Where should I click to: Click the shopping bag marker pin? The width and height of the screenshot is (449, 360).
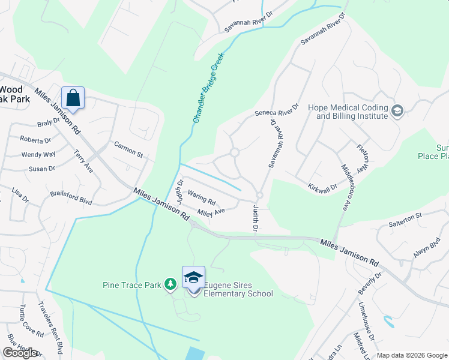click(73, 98)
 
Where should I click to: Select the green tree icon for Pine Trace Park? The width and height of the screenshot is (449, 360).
click(170, 283)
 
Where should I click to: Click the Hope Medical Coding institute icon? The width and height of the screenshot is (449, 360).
click(397, 110)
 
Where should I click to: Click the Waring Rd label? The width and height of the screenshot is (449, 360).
click(201, 195)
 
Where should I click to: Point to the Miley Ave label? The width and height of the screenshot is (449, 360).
click(211, 211)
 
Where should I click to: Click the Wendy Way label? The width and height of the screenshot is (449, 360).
click(38, 154)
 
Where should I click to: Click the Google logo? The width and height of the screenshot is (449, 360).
click(20, 353)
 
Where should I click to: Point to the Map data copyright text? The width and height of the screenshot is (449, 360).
click(411, 355)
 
